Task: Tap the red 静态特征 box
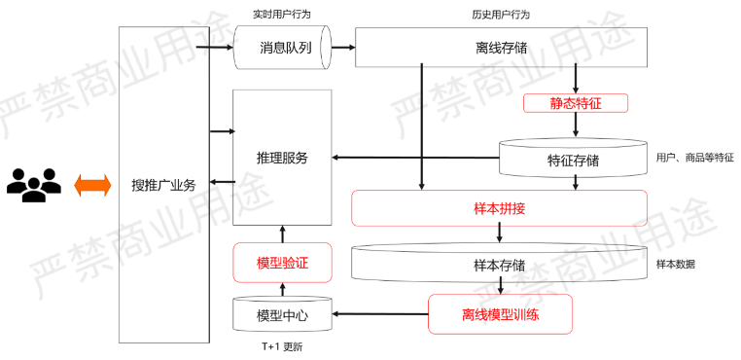tap(576, 102)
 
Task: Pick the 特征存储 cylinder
tap(573, 159)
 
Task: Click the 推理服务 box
tap(282, 158)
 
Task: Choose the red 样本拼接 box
tap(499, 208)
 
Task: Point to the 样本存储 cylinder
tap(499, 264)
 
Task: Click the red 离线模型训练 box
tap(500, 314)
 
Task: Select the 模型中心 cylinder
tap(282, 315)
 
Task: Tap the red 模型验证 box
tap(282, 263)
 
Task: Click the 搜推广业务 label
tap(163, 185)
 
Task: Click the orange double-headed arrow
tap(93, 184)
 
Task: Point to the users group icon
tap(34, 184)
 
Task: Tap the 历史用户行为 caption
tap(500, 15)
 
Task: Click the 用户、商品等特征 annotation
tap(694, 158)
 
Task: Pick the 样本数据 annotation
tap(676, 264)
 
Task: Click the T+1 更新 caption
tap(283, 346)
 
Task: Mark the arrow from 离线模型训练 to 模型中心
tap(380, 314)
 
